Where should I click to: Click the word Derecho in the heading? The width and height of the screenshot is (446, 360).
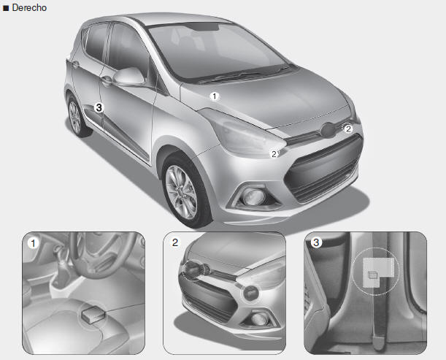(x=29, y=8)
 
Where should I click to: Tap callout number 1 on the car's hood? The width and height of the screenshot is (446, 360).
(x=215, y=96)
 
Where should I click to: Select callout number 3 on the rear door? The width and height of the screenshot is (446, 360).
(x=99, y=108)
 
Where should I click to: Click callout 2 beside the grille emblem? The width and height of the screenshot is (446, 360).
(x=348, y=129)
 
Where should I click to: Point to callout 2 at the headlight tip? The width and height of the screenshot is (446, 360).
(x=274, y=154)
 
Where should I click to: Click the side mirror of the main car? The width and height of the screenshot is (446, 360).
(x=129, y=77)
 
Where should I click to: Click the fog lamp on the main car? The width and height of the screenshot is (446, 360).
(x=253, y=196)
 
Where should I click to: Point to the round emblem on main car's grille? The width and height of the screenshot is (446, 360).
(x=328, y=130)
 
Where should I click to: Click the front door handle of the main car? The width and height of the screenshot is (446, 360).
(x=106, y=80)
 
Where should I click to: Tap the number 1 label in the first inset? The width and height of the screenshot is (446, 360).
(x=34, y=244)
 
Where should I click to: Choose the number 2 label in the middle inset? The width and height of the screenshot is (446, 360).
(x=175, y=242)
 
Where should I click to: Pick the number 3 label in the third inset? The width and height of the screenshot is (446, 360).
(x=316, y=242)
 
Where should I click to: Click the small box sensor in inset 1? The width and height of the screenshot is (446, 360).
(x=93, y=315)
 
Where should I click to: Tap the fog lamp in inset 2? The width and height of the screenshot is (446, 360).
(x=258, y=319)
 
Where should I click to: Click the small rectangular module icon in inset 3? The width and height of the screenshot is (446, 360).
(x=372, y=275)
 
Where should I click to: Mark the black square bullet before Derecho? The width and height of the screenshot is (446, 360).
(x=6, y=8)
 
